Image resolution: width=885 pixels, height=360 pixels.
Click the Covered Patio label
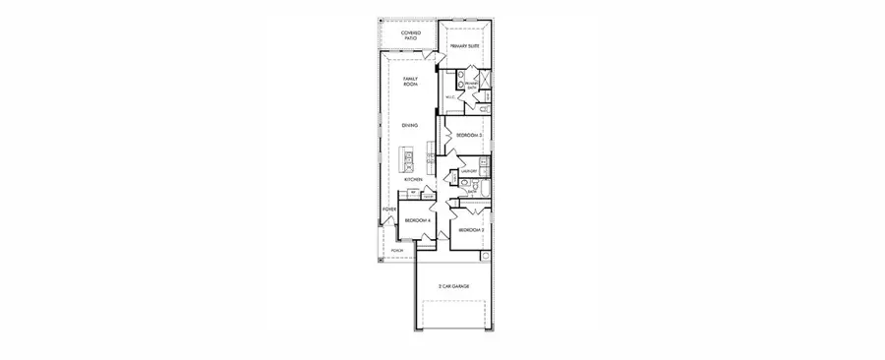[x=410, y=36]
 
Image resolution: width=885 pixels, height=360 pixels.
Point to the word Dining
[x=410, y=125]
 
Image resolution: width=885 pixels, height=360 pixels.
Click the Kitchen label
[x=414, y=180]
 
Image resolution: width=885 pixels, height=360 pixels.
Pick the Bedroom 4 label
[x=418, y=220]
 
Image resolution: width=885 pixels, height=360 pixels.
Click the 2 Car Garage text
[x=453, y=285]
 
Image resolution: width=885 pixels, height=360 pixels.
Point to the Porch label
[x=396, y=251]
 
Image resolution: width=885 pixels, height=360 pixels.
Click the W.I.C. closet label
[x=450, y=96]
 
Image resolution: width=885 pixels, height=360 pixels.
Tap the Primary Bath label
[x=472, y=86]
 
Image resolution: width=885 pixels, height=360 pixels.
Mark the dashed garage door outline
[x=453, y=314]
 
